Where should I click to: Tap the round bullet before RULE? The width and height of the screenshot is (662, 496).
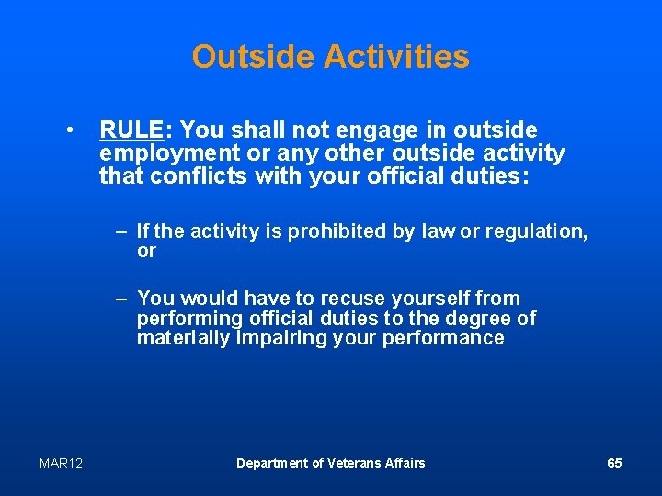tap(70, 130)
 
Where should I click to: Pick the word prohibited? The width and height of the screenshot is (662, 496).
tap(337, 231)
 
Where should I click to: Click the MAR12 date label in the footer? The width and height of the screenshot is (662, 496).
tap(61, 463)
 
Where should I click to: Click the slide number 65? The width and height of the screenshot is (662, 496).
tap(614, 463)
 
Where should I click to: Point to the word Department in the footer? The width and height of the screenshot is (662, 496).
tap(272, 463)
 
